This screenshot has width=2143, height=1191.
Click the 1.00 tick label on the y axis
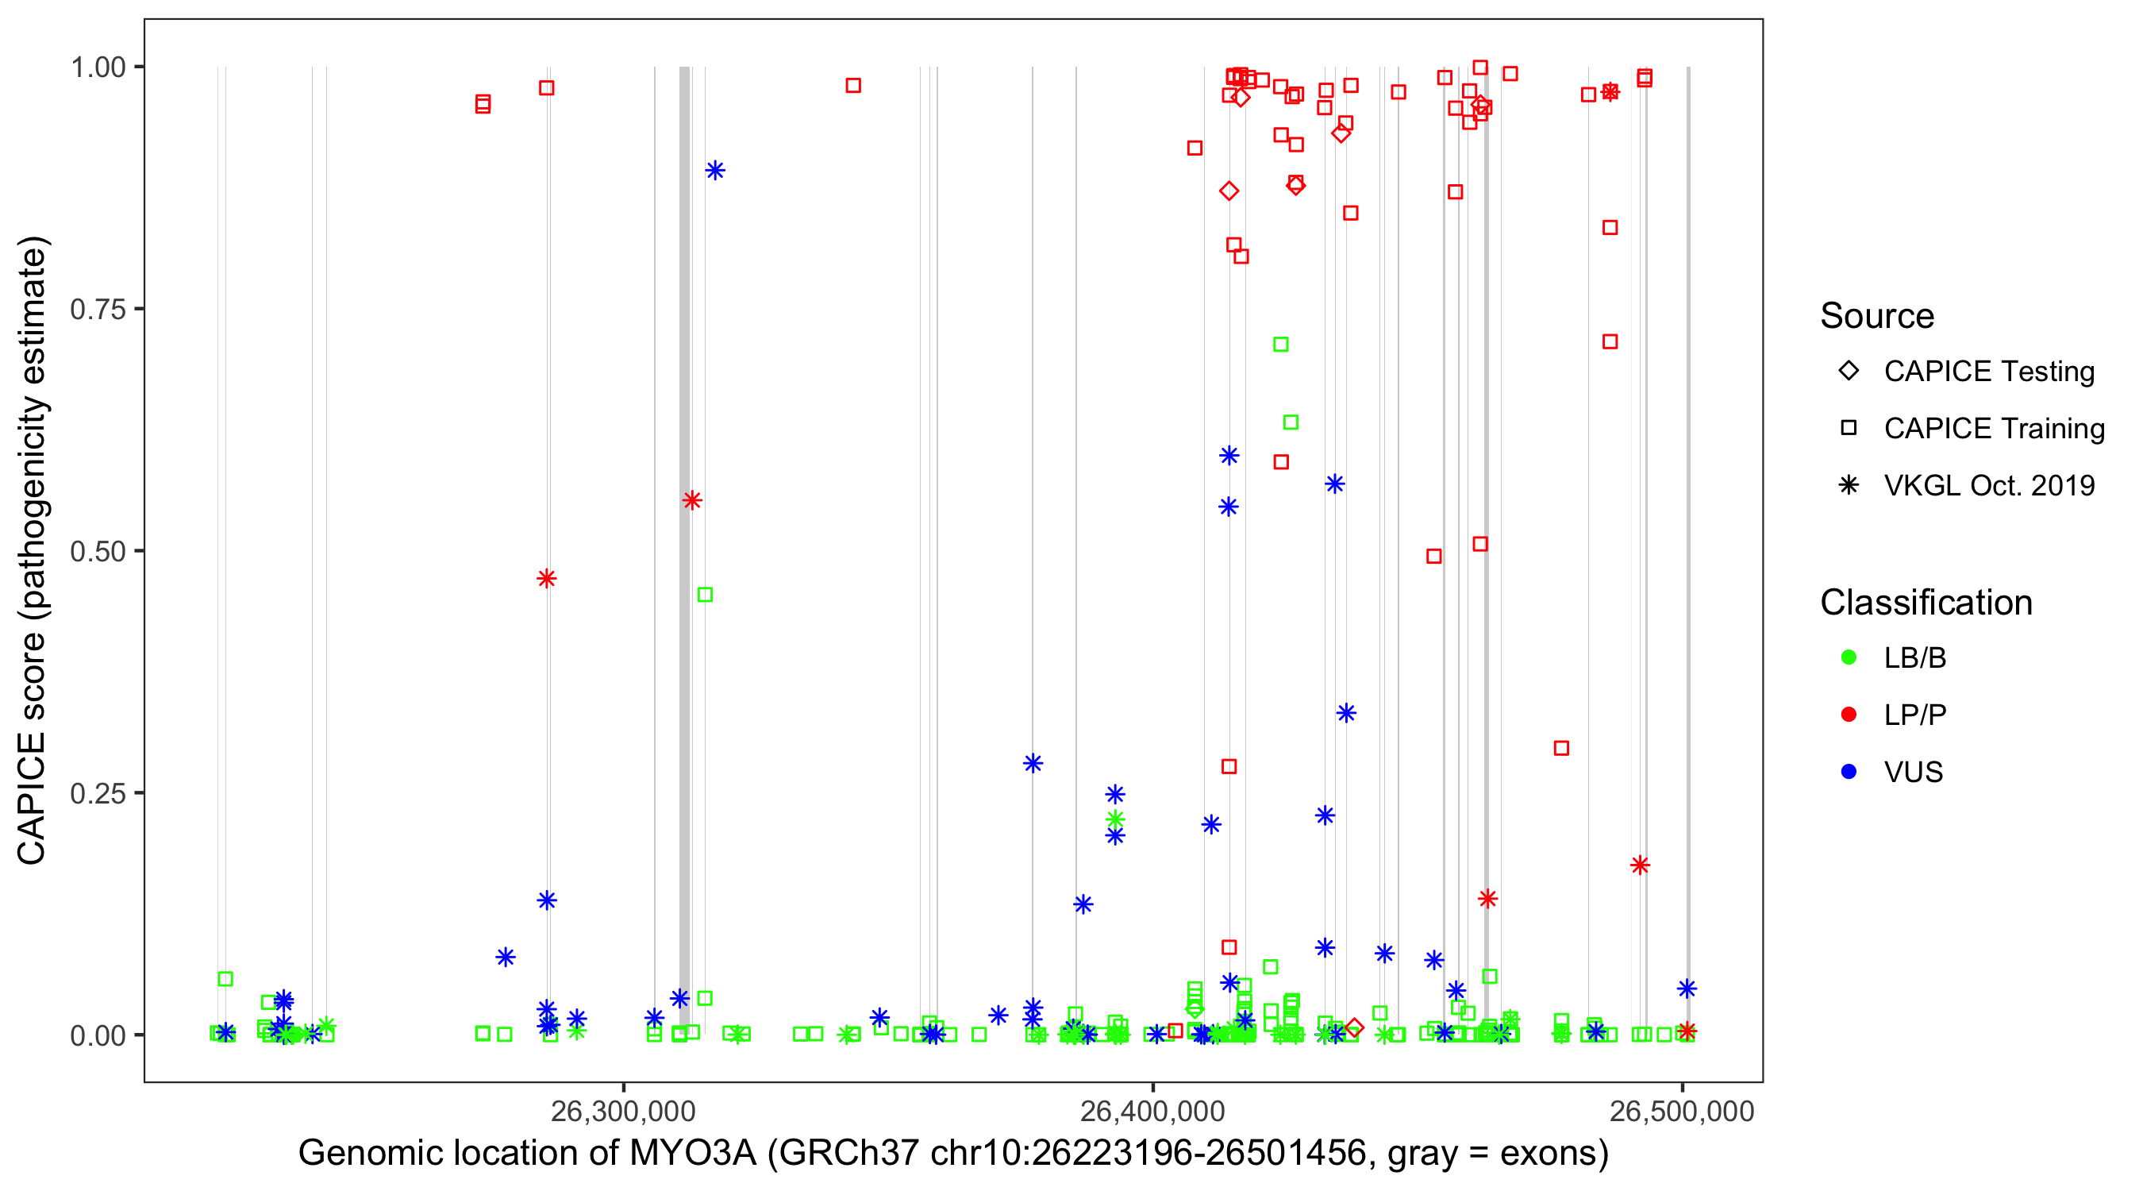click(98, 67)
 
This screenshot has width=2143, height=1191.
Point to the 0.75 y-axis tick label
click(98, 310)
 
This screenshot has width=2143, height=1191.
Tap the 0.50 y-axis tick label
click(98, 552)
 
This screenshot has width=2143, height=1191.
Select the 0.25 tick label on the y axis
click(98, 793)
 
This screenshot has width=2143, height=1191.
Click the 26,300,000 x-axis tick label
click(622, 1112)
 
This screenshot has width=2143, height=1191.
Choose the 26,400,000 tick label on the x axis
click(1152, 1112)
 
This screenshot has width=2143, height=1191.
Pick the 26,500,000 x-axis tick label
click(1681, 1112)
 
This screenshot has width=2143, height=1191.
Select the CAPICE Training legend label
click(1994, 429)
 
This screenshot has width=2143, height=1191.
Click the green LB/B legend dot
click(1849, 657)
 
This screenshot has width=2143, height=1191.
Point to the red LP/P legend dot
click(1849, 715)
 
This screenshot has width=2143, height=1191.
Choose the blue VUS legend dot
click(1849, 773)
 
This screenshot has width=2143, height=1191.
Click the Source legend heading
click(1877, 316)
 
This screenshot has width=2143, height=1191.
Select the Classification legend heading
click(1926, 603)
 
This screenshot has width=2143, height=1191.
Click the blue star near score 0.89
click(714, 171)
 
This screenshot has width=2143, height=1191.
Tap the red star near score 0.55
click(692, 500)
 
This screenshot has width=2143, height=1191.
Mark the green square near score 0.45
click(705, 595)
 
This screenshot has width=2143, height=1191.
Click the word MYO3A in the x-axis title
click(692, 1154)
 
